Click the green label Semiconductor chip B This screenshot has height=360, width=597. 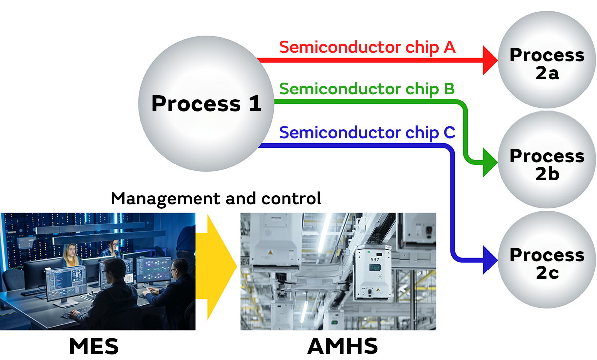367,90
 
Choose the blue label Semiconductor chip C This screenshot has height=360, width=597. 367,133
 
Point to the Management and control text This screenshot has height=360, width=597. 216,199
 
